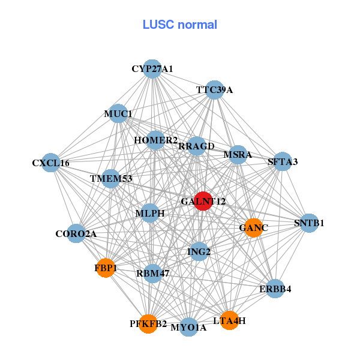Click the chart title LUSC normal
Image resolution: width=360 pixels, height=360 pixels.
coord(179,25)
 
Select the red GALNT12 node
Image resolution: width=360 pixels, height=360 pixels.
coord(203,202)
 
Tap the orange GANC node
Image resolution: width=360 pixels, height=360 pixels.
coord(253,227)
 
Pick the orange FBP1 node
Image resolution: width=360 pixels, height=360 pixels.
coord(106,268)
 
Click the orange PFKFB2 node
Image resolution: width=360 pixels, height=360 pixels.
coord(148,324)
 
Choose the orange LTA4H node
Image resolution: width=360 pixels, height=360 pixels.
coord(229,320)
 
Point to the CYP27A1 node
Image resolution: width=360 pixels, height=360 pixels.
coord(152,69)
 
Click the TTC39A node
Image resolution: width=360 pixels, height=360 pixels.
coord(214,90)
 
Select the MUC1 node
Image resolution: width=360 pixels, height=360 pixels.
coord(118,113)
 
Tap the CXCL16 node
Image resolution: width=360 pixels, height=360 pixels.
coord(51,163)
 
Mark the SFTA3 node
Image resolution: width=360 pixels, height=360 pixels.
coord(282,161)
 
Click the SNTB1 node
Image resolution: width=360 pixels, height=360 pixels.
coord(309,223)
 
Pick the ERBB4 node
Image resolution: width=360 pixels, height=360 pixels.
coord(275,289)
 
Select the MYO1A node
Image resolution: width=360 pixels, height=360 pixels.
coord(188,327)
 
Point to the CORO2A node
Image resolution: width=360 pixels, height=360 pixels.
coord(76,233)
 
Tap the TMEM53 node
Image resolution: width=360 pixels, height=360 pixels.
coord(111,178)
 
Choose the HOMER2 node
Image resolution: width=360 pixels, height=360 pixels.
coord(155,140)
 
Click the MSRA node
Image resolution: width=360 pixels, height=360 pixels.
coord(238,155)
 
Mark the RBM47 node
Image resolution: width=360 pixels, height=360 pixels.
coord(153,273)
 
